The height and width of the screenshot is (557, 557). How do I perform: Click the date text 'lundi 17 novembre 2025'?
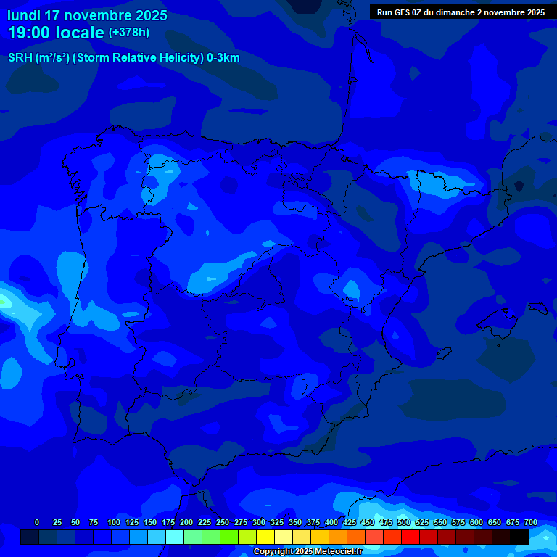(87, 15)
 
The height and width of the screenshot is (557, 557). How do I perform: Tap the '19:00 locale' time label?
(56, 33)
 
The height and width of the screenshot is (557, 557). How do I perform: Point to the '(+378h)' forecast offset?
(128, 33)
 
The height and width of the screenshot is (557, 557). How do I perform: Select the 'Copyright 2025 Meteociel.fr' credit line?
(308, 552)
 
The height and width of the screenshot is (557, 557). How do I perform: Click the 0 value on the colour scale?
(37, 522)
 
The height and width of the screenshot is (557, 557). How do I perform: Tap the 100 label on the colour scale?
(114, 522)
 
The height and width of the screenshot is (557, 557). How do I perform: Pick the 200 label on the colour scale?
(186, 522)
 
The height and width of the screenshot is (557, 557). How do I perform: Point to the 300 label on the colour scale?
(259, 522)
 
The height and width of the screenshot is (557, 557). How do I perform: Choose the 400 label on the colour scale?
(331, 522)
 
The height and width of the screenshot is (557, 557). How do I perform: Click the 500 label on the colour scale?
(404, 522)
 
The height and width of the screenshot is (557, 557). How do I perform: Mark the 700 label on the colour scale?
(531, 522)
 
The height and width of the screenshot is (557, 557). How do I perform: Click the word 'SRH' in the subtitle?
(20, 58)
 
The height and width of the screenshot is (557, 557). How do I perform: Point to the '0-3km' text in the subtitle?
(223, 58)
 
